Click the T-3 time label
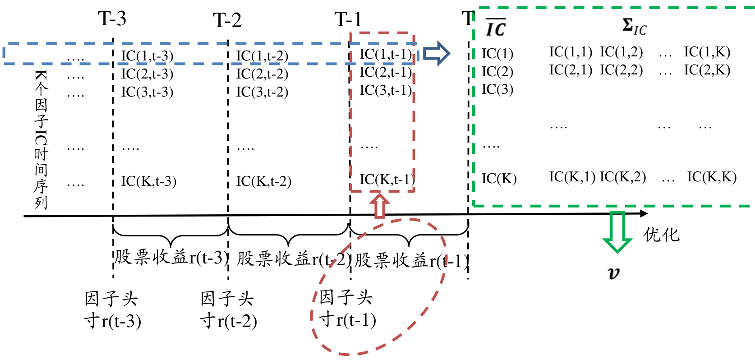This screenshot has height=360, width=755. (112, 19)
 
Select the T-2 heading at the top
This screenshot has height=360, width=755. (227, 20)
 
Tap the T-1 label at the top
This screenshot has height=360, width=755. (348, 20)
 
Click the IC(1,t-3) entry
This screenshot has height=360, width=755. (147, 56)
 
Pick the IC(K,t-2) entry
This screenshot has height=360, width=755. (263, 181)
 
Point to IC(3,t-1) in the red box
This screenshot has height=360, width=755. (386, 90)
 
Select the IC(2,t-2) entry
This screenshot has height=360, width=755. (262, 74)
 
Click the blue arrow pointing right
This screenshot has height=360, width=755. (436, 54)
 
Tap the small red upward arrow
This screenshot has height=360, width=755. (379, 205)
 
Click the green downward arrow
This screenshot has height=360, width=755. (617, 231)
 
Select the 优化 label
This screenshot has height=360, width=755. (661, 235)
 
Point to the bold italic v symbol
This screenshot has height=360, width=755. (614, 272)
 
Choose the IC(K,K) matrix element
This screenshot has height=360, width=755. (712, 177)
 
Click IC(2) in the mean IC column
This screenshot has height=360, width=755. (497, 71)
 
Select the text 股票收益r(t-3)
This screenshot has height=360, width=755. (171, 258)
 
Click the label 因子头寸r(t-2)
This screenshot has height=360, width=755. (228, 309)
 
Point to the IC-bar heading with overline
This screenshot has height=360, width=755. (496, 28)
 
